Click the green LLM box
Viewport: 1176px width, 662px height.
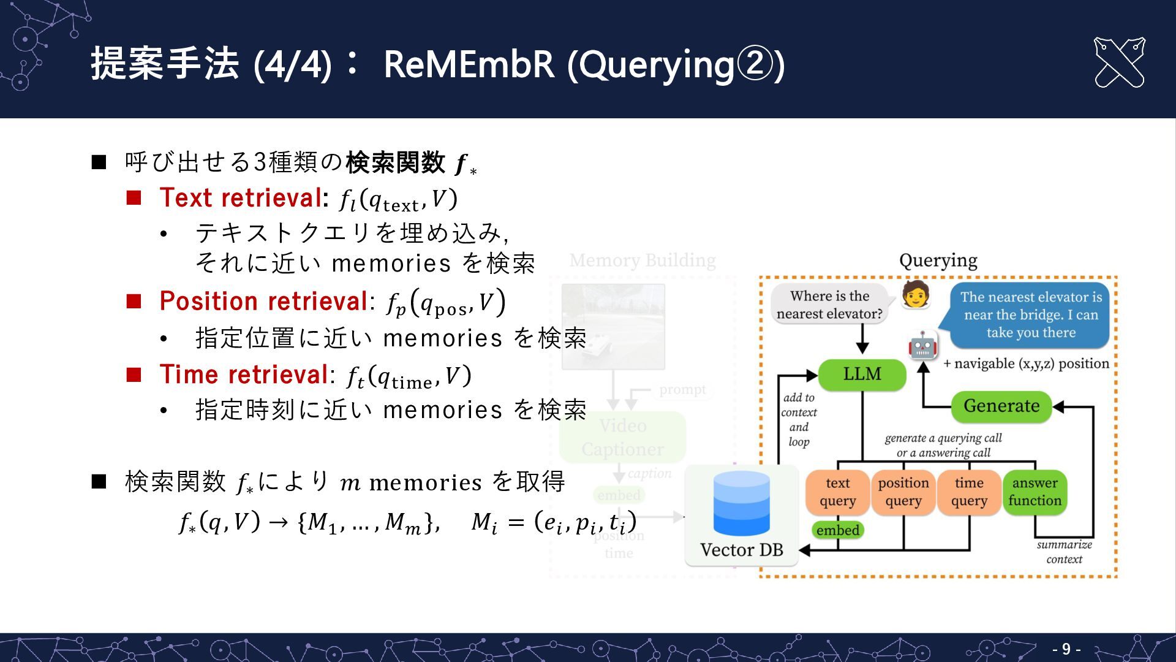click(x=862, y=374)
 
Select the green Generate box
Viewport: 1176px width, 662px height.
click(x=1001, y=406)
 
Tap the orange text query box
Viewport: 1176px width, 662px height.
click(x=837, y=492)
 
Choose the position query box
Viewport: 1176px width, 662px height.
click(x=903, y=492)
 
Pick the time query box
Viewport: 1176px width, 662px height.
click(x=969, y=492)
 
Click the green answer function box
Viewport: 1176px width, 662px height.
click(x=1035, y=492)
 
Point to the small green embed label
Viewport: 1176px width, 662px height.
click(x=837, y=530)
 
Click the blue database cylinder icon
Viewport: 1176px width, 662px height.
click(x=741, y=503)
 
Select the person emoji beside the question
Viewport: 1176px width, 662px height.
click(x=916, y=295)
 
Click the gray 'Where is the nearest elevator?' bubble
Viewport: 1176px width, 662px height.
click(x=829, y=305)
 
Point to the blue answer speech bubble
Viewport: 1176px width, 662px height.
click(x=1031, y=314)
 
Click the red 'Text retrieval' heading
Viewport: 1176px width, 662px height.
click(x=240, y=198)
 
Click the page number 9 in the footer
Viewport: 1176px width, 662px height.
click(x=1066, y=649)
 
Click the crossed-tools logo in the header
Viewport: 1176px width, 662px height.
click(x=1119, y=63)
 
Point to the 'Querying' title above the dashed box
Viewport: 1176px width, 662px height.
click(x=938, y=261)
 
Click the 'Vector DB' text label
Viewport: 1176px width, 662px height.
click(x=741, y=550)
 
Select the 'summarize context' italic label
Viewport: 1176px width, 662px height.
click(x=1064, y=552)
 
